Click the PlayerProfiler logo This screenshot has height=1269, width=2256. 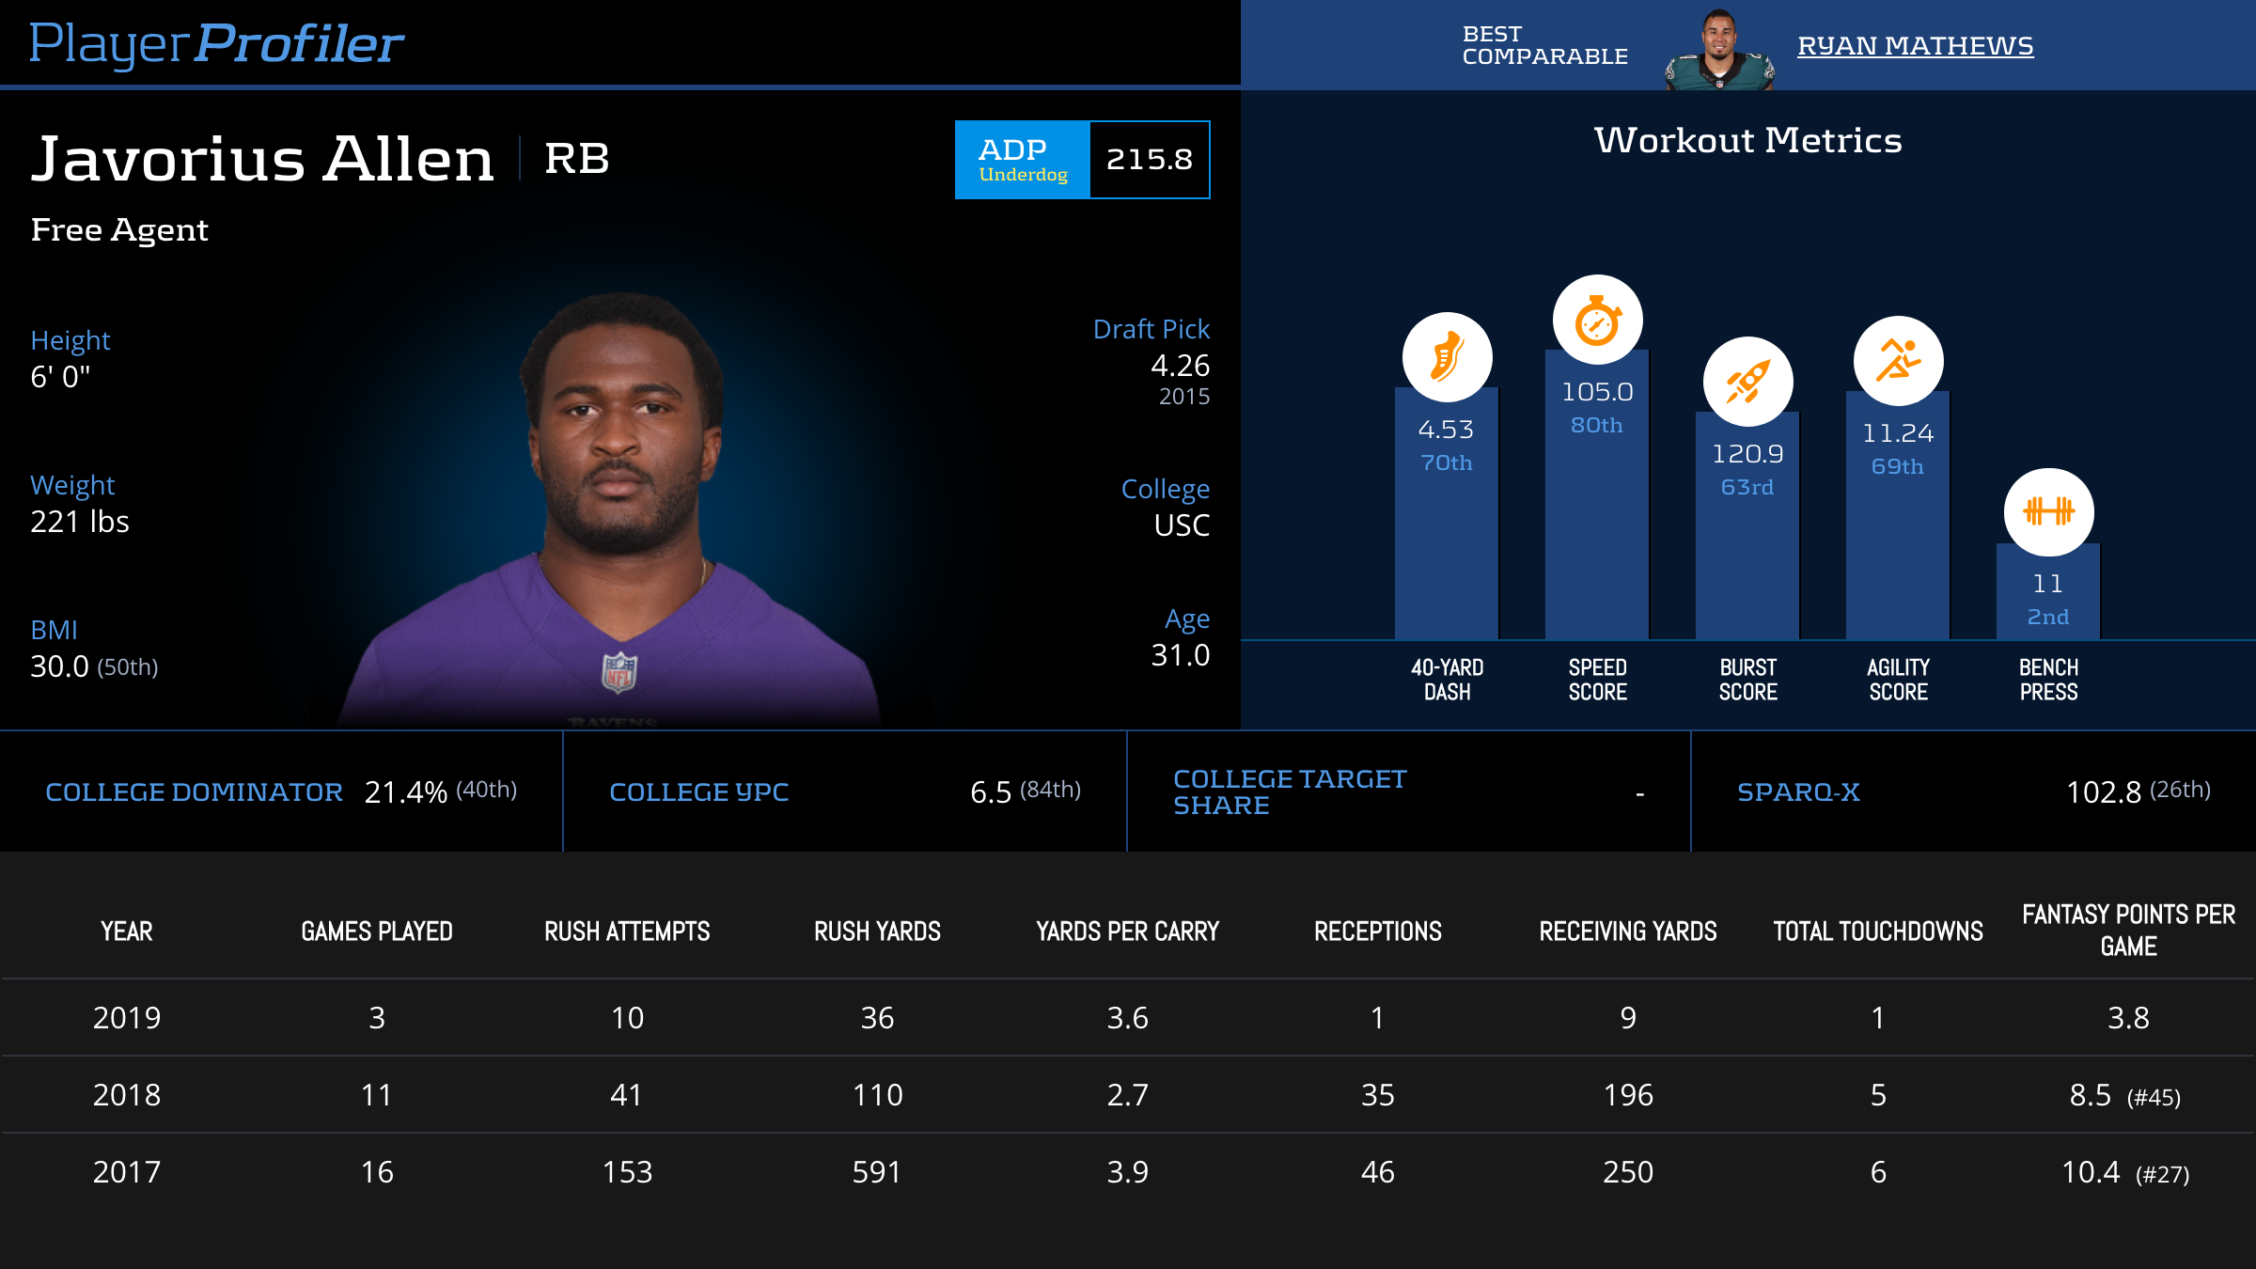[216, 44]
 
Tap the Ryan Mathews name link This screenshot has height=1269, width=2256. [1915, 46]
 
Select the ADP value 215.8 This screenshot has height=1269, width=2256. [1149, 160]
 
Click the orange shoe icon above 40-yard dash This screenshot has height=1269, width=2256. [1447, 357]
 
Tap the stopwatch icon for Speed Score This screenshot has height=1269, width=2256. [1597, 321]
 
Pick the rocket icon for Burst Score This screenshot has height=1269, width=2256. [1747, 382]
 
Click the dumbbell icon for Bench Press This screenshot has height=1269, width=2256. [2048, 512]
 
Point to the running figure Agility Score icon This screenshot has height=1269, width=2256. [1898, 361]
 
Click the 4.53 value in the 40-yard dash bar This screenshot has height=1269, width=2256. [1446, 430]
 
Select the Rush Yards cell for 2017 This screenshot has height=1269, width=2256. [876, 1172]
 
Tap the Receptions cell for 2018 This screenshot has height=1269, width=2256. [1377, 1095]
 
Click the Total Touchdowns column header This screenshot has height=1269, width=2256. [1877, 932]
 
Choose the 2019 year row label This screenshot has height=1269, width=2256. [127, 1018]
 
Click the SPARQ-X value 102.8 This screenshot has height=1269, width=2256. [2103, 792]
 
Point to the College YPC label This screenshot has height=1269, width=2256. [698, 792]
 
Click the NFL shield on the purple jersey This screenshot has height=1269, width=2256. [619, 672]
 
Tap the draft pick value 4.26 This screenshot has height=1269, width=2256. [1180, 366]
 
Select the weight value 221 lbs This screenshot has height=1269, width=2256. [80, 522]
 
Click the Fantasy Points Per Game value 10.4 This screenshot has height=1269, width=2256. [2091, 1172]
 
